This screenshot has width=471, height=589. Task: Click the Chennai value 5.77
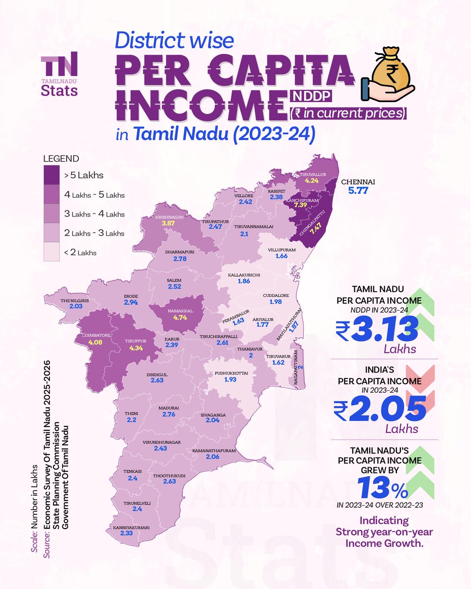click(x=358, y=190)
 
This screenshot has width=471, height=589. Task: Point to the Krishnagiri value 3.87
click(x=169, y=222)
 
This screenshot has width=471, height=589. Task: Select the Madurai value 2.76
click(x=168, y=415)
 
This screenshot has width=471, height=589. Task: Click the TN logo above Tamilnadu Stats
click(x=59, y=63)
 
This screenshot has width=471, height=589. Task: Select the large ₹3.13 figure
click(x=377, y=329)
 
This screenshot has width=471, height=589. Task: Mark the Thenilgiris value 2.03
click(x=75, y=306)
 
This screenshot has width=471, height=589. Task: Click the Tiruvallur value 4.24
click(x=312, y=181)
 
